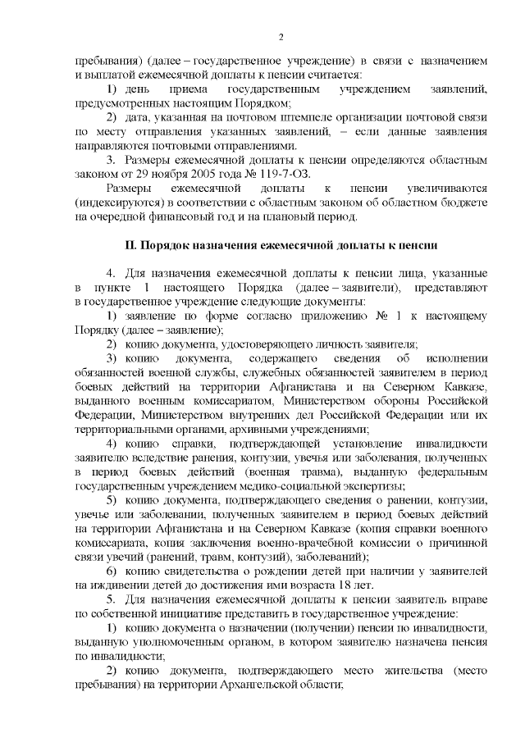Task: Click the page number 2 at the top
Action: pos(281,37)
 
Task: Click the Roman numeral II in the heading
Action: pos(129,245)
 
